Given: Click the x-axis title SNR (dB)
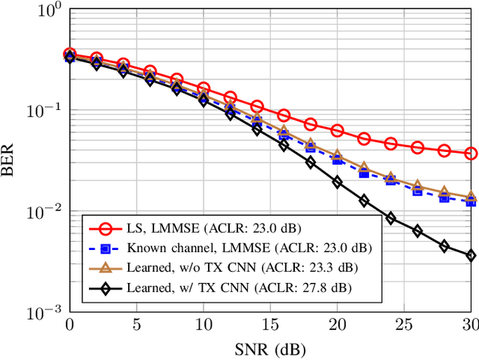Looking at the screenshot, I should (270, 349).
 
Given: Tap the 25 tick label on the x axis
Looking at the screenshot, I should (403, 326).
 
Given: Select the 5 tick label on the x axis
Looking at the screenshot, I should (136, 326).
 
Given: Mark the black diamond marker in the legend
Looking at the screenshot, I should (106, 286).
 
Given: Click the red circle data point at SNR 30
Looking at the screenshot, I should (471, 153).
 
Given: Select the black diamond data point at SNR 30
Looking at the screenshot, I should (471, 255).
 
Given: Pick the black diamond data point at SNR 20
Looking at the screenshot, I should (337, 182).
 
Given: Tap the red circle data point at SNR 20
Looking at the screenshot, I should (337, 130).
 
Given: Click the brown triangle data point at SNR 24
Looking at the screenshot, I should (391, 177).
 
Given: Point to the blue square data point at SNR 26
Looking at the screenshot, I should (418, 192).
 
